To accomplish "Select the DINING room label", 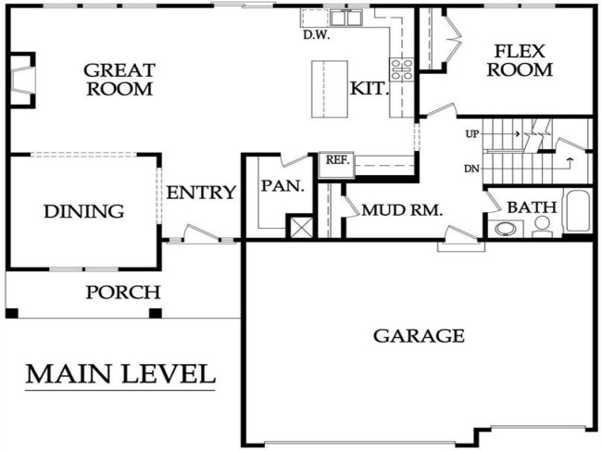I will click(x=83, y=212).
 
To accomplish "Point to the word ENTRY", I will click(x=201, y=193).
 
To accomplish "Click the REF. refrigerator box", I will click(x=335, y=161).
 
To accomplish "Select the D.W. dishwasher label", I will click(x=318, y=36).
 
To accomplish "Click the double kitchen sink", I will click(x=345, y=17).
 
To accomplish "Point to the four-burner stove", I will click(x=402, y=68).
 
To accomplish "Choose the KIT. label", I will click(x=367, y=89).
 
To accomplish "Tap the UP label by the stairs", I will click(x=471, y=134).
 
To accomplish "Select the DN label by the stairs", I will click(x=471, y=169).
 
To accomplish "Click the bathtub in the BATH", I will click(x=576, y=212).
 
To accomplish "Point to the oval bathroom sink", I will click(x=507, y=229).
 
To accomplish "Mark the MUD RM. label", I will click(x=402, y=210).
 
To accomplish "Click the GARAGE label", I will click(x=419, y=335).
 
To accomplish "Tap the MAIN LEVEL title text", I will click(x=119, y=374).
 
